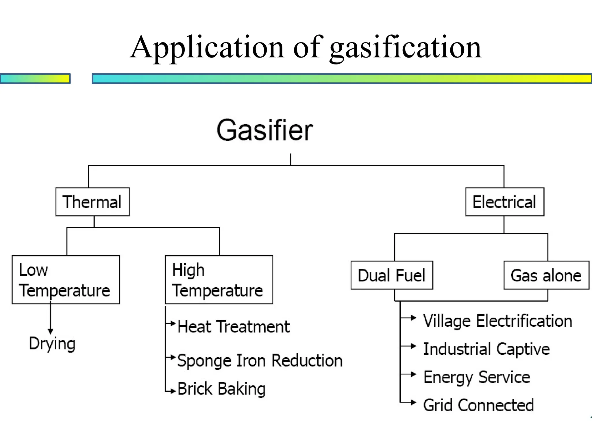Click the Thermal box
[92, 202]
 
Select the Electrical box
[504, 202]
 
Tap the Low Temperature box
[66, 280]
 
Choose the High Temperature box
[219, 280]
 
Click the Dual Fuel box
[392, 275]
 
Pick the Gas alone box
[546, 275]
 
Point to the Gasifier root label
[264, 130]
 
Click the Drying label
[52, 344]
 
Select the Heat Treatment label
[233, 327]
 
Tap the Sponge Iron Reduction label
[260, 361]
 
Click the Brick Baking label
[221, 389]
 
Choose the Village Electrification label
[497, 321]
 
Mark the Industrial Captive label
[486, 349]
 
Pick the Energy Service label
[477, 377]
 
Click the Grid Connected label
[478, 405]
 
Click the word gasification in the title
[405, 47]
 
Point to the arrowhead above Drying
[50, 331]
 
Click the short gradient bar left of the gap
[35, 79]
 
